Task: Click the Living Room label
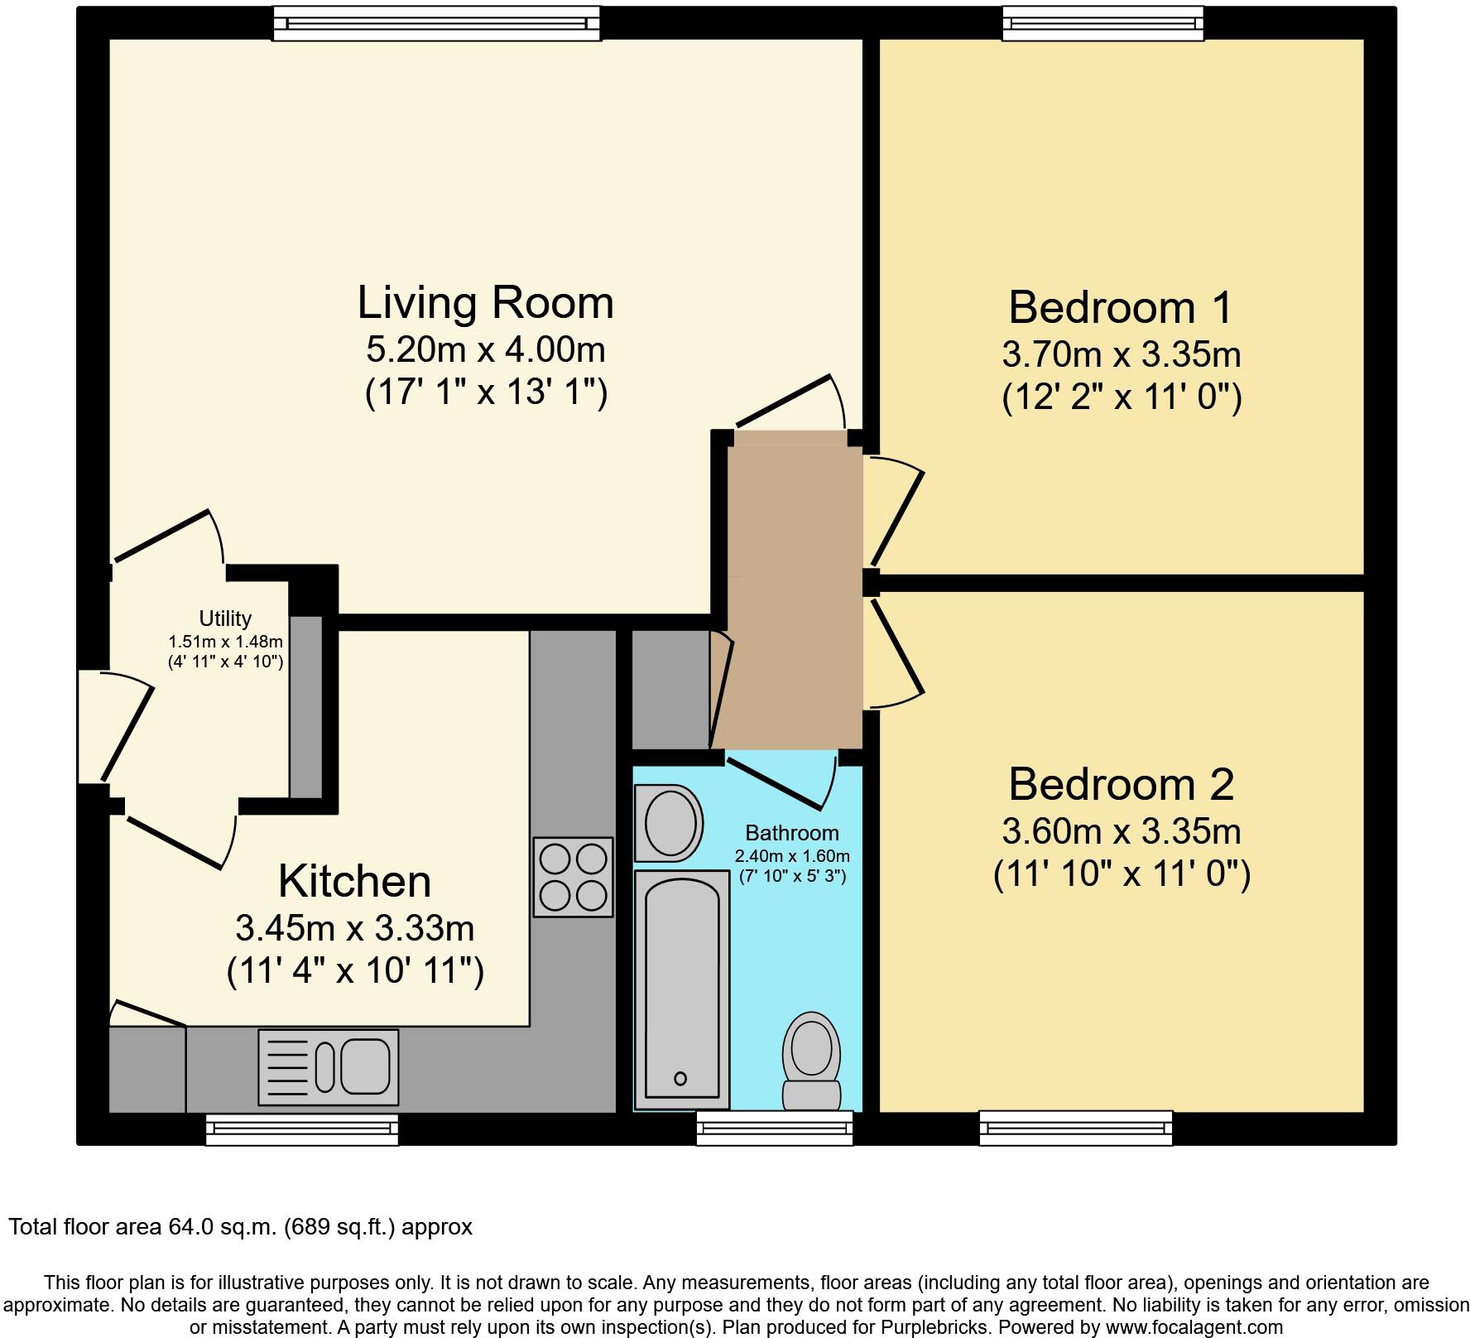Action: [x=486, y=303]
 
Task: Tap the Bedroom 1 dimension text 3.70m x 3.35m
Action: [x=1121, y=355]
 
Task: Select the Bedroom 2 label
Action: [x=1121, y=783]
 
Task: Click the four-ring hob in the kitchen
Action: [x=573, y=877]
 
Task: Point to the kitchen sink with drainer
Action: [x=329, y=1066]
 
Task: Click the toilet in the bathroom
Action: [x=811, y=1059]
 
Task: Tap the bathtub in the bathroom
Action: [x=681, y=989]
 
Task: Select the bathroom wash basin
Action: [x=669, y=824]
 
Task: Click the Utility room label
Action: [x=225, y=618]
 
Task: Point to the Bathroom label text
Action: [x=791, y=833]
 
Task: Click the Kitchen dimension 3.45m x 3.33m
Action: [x=355, y=928]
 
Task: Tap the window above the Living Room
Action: [x=436, y=23]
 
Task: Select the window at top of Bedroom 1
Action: [x=1102, y=23]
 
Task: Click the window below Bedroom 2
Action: [x=1075, y=1128]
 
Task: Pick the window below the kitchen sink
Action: [x=302, y=1129]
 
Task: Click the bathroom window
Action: [x=774, y=1128]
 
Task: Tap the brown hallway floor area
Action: [x=795, y=596]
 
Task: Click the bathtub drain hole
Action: [x=680, y=1078]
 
